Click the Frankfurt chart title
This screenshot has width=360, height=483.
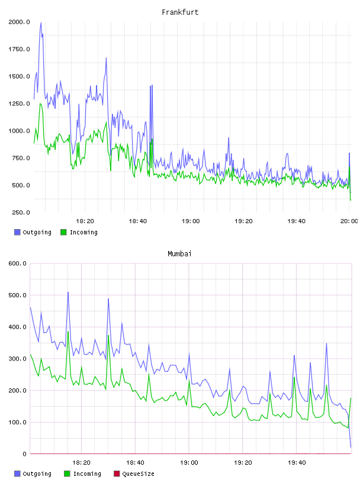(180, 12)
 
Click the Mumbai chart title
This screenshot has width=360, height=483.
(179, 254)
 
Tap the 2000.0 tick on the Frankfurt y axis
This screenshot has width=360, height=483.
(19, 22)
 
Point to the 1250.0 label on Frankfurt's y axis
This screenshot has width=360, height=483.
(19, 104)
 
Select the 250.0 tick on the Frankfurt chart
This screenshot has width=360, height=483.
(21, 212)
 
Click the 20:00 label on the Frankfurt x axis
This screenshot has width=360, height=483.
(349, 221)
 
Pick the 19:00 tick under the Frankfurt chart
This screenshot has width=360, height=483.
(191, 221)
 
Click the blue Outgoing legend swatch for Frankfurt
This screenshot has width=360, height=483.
(17, 232)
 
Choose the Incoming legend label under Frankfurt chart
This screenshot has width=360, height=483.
(84, 233)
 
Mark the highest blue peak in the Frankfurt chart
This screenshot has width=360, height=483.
(41, 22)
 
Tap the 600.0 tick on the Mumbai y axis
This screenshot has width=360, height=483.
(18, 263)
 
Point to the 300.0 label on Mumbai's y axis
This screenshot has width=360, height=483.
(18, 359)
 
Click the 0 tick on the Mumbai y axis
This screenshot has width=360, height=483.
(24, 454)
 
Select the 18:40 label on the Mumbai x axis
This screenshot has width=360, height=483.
(135, 463)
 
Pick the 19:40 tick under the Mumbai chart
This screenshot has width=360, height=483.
(297, 463)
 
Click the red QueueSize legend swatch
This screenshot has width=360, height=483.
(117, 474)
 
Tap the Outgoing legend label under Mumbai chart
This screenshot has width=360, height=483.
(37, 474)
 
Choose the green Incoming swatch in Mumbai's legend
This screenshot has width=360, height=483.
(67, 474)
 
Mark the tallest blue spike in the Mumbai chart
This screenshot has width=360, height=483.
(68, 292)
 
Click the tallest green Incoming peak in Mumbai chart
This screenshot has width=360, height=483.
(68, 331)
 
